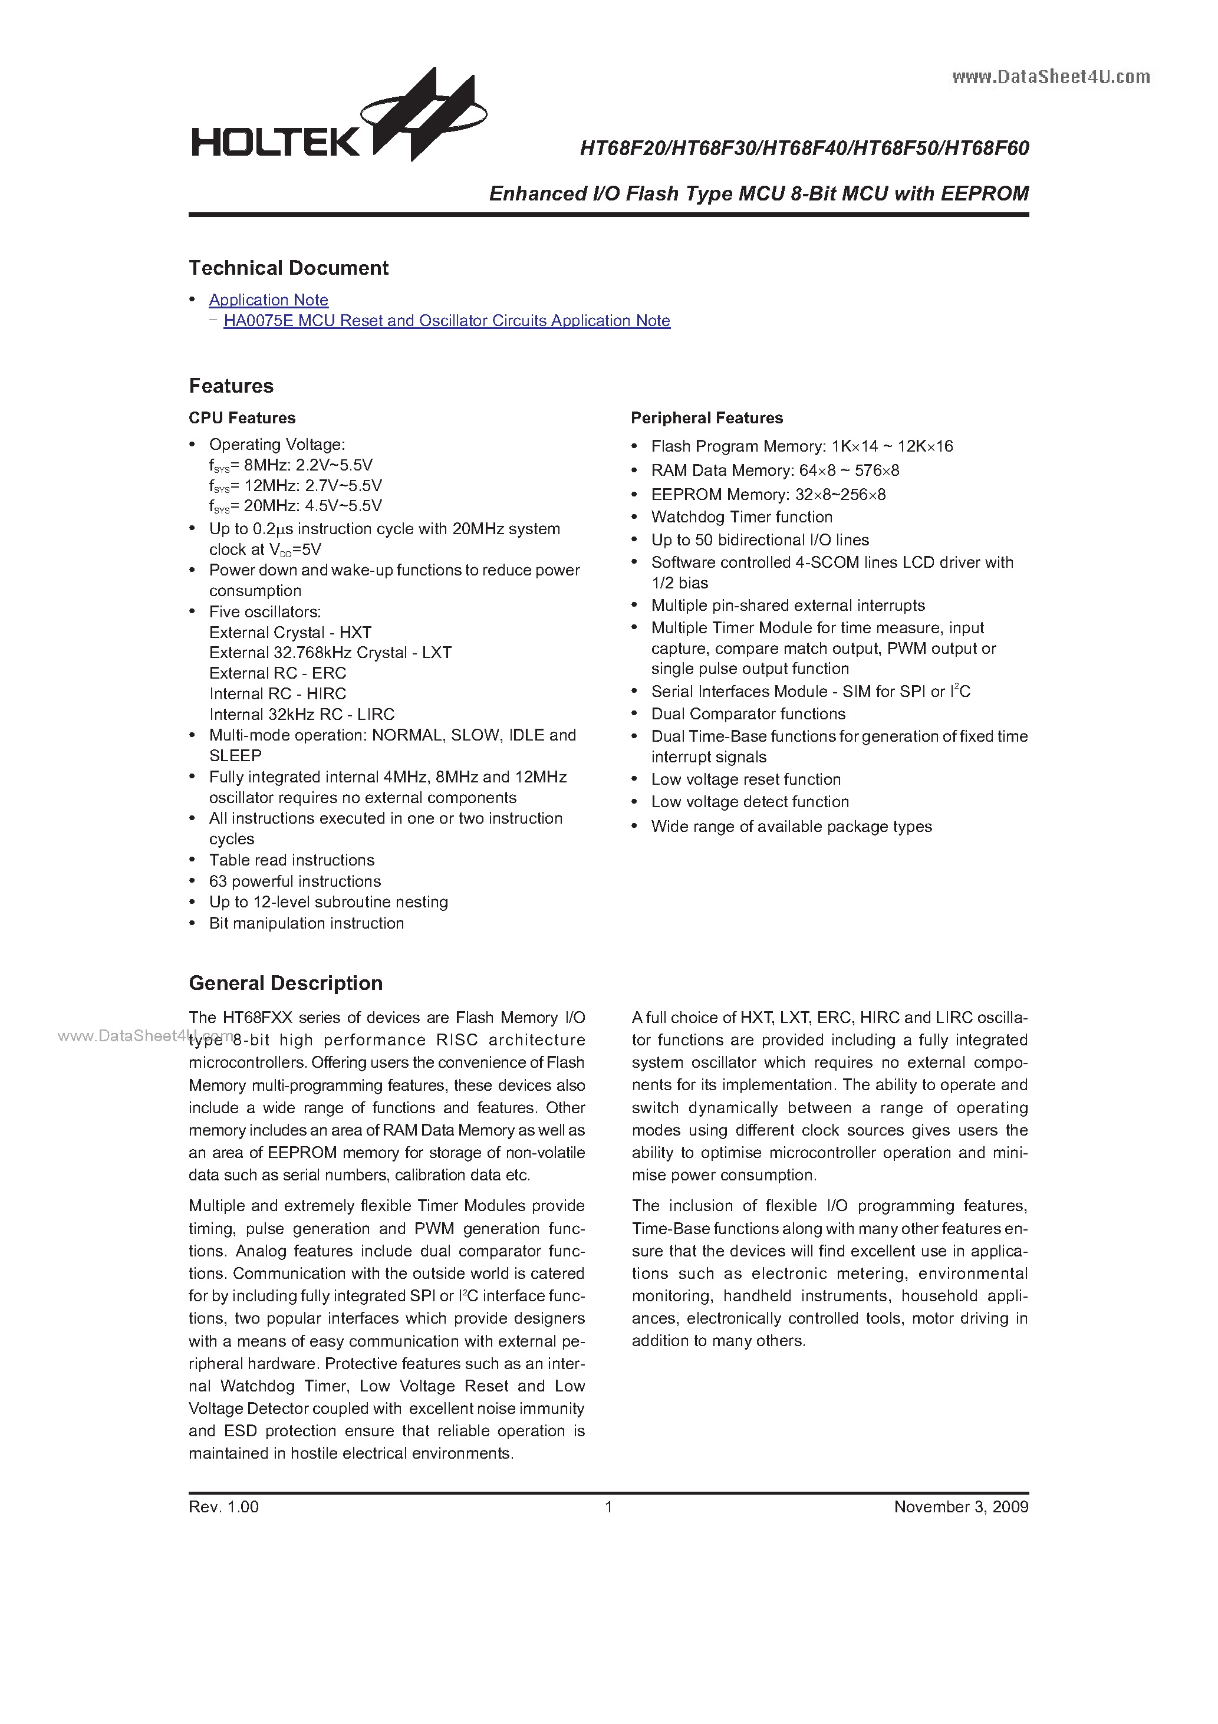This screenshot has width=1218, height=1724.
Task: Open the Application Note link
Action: (x=268, y=300)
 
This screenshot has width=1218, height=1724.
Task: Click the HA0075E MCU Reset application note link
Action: (x=446, y=321)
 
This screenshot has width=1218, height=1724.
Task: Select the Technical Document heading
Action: (x=288, y=268)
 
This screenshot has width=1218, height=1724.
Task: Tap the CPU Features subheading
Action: (x=242, y=417)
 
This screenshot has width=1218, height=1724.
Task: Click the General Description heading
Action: (x=285, y=983)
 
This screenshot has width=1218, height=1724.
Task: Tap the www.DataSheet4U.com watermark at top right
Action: (x=1051, y=77)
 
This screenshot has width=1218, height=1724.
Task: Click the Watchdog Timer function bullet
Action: (x=741, y=516)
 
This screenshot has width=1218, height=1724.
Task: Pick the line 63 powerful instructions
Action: (x=294, y=881)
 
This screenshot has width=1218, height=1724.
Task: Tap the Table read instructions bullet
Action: (x=291, y=860)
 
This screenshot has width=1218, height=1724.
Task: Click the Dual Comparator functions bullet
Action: (x=748, y=713)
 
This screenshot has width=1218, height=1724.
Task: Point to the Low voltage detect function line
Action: (x=749, y=801)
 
